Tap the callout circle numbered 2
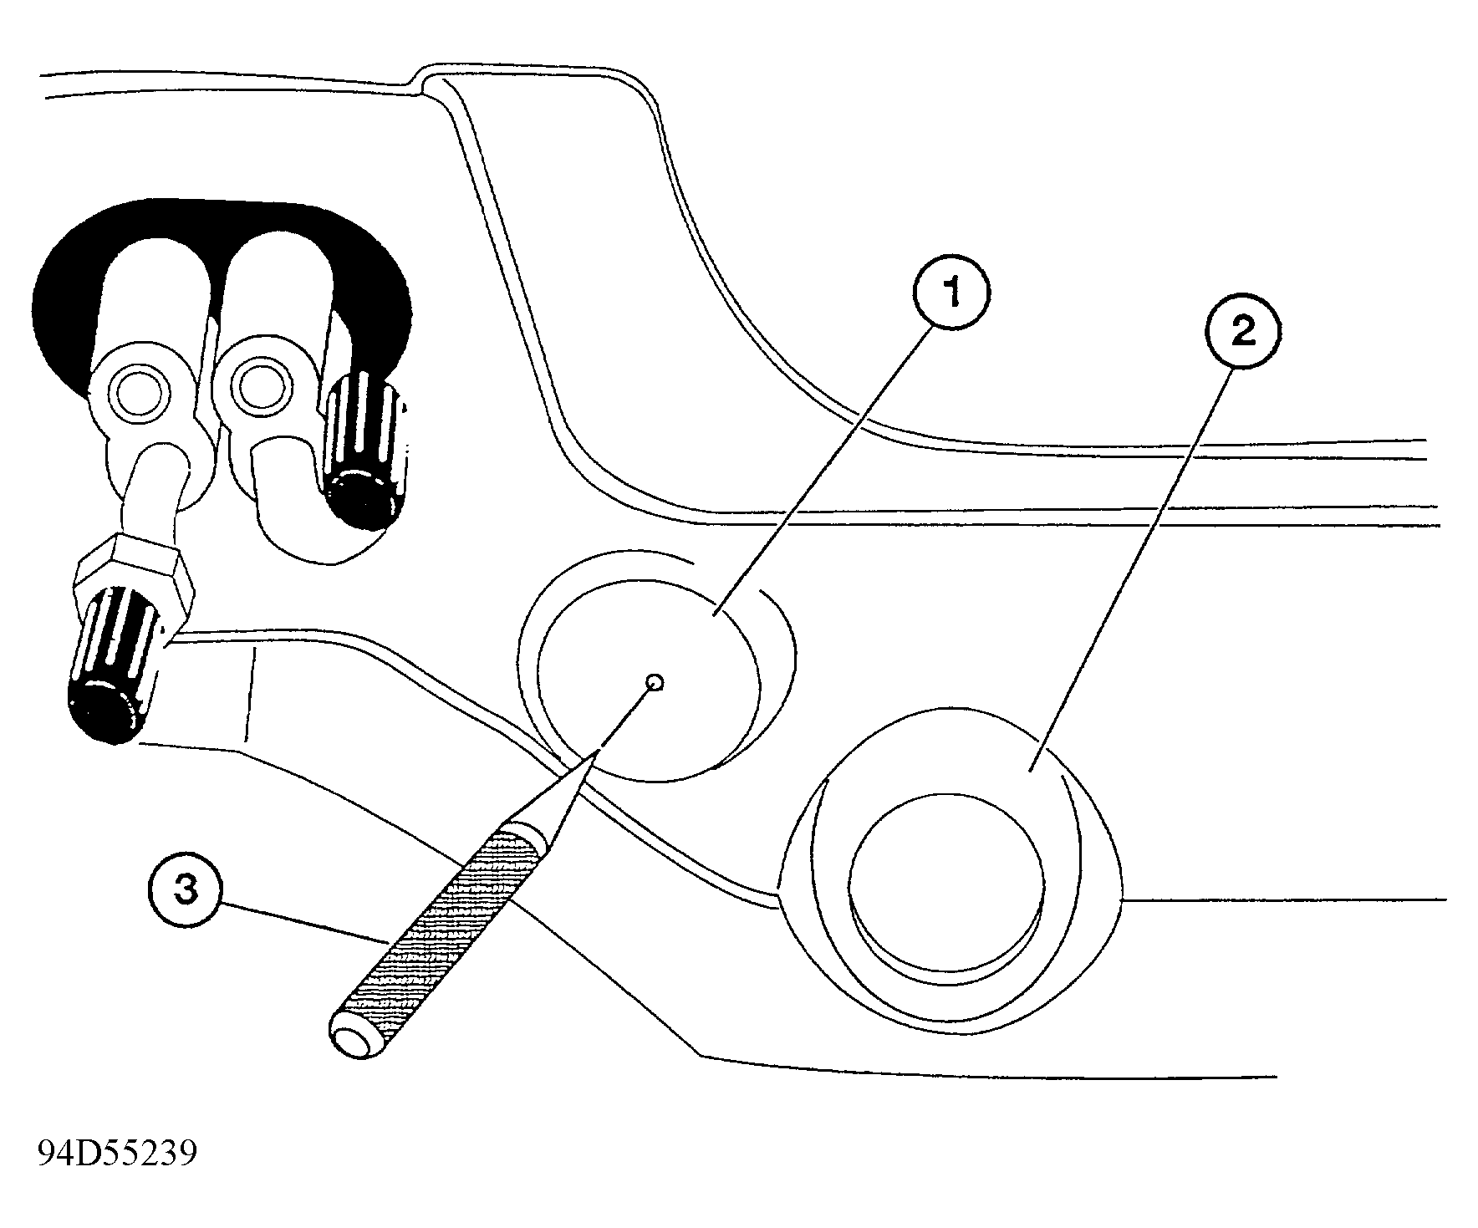pos(1243,334)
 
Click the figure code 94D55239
pos(117,1154)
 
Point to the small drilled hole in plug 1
pos(655,683)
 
